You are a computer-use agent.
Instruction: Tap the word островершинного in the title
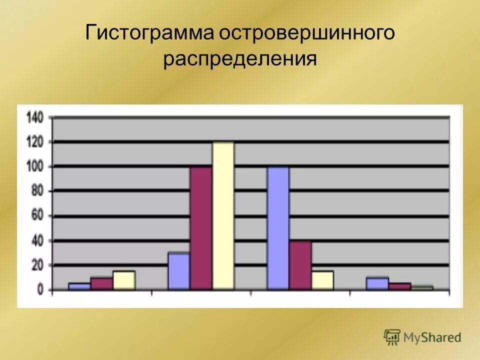(x=306, y=33)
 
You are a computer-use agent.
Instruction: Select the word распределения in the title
(x=240, y=59)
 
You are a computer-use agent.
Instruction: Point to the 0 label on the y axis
(x=41, y=290)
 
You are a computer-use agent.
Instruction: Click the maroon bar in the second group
(x=200, y=228)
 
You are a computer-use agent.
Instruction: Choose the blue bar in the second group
(x=178, y=271)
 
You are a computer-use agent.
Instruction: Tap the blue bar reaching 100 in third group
(x=278, y=228)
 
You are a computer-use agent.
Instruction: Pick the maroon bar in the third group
(x=300, y=265)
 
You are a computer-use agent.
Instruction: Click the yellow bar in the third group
(x=322, y=280)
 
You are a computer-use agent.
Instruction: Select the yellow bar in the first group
(x=124, y=280)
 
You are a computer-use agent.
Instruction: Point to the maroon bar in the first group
(x=101, y=283)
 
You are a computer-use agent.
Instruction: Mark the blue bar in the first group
(x=79, y=286)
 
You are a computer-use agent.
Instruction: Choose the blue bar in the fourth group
(x=377, y=283)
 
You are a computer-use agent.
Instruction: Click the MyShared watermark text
(x=432, y=337)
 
